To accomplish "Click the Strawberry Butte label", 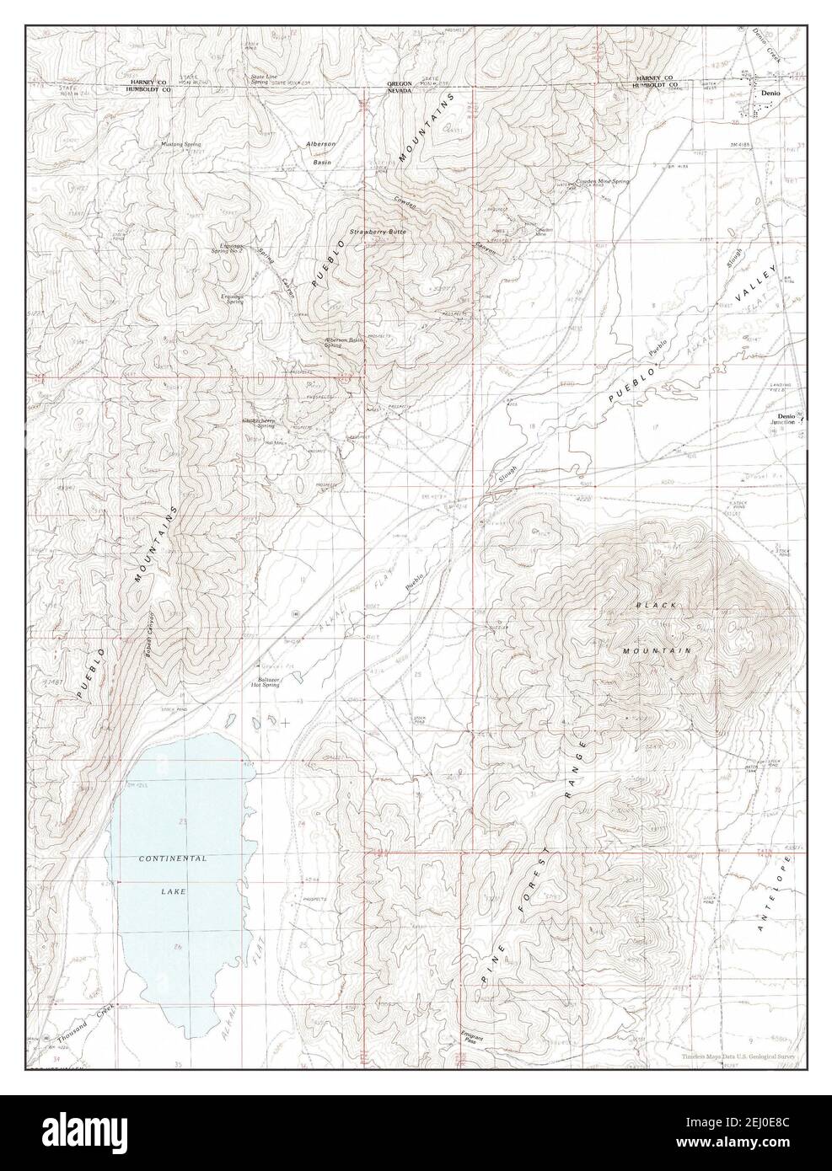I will [378, 231].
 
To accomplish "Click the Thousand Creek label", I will [84, 1021].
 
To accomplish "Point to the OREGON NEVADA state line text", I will [399, 88].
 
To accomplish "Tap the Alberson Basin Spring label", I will [344, 343].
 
